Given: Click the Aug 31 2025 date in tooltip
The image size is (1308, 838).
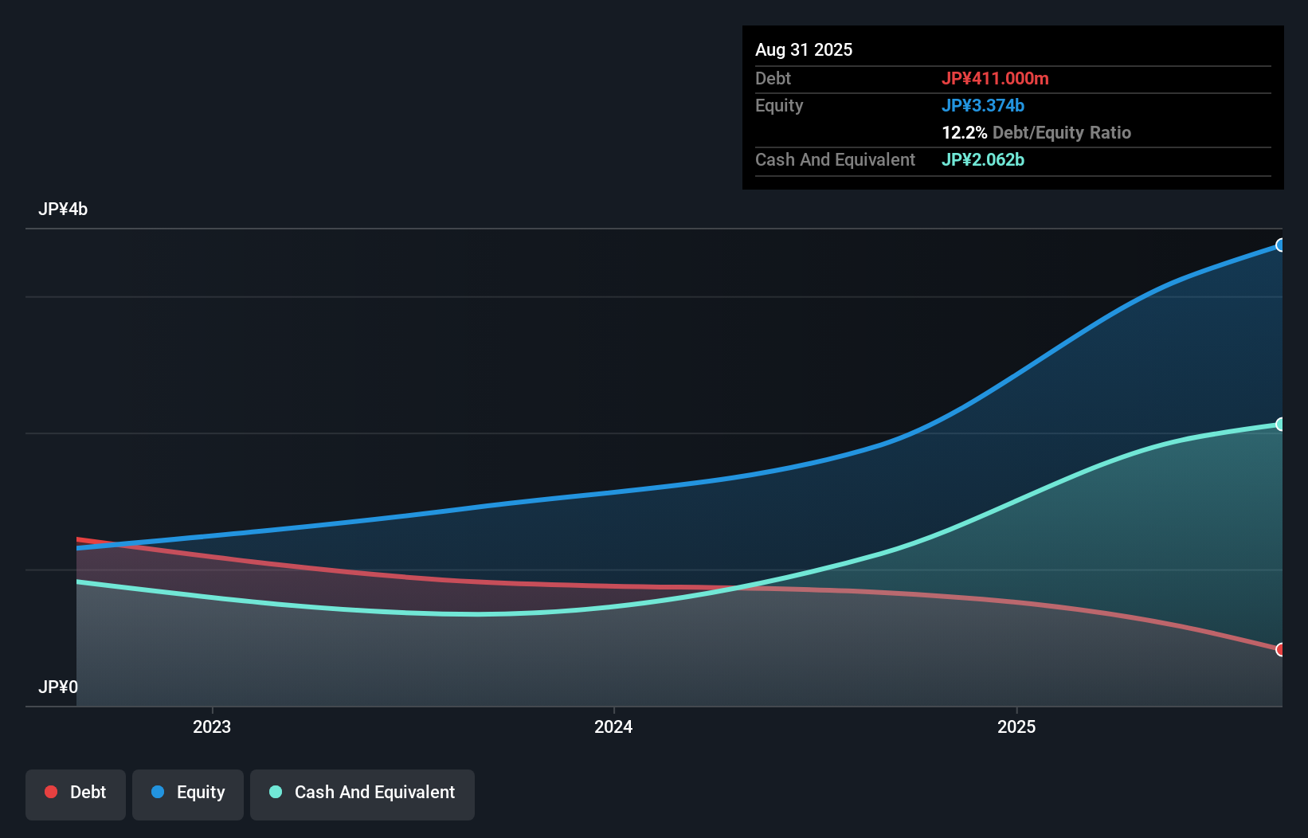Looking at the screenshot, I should coord(803,49).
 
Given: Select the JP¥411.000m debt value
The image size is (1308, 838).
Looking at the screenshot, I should coord(994,78).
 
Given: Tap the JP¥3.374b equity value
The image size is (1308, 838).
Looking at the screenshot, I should coord(982,105).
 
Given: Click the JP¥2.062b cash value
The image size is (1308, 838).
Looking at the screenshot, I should coord(982,159).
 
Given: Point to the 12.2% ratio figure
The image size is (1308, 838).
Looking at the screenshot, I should coord(964,132).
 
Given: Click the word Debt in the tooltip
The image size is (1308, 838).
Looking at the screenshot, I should coord(773,78).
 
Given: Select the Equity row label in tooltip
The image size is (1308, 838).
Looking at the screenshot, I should coord(778,105).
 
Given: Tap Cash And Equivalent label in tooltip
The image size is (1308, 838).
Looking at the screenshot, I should coord(835,159).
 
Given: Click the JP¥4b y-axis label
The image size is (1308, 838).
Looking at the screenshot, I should coord(63,209).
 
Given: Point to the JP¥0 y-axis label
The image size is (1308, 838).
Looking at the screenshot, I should coord(58,687).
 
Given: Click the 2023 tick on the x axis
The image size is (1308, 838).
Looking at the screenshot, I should coord(212,726).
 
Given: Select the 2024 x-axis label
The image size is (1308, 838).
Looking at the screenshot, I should coord(613,726).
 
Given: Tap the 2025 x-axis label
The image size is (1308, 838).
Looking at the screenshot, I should coord(1016,726).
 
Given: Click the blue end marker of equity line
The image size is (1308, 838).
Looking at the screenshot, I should coord(1280,245).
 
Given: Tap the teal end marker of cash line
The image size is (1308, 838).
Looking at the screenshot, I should coord(1280,425).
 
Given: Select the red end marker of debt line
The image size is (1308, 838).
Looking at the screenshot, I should coord(1280,650).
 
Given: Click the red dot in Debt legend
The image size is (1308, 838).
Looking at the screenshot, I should coord(51,792).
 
